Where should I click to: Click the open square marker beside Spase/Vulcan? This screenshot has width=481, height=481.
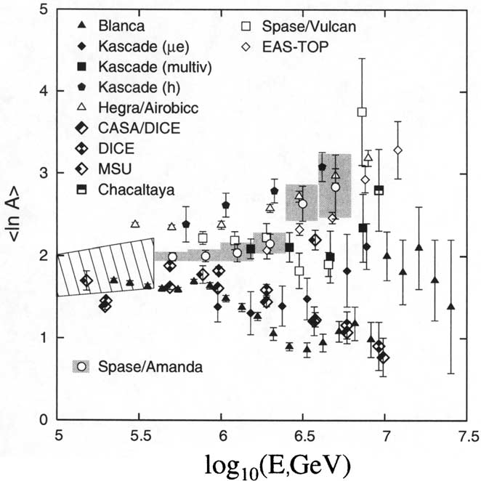tap(248, 27)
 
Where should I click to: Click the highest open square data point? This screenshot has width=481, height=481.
tap(362, 112)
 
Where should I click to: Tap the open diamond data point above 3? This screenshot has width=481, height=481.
tap(397, 150)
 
